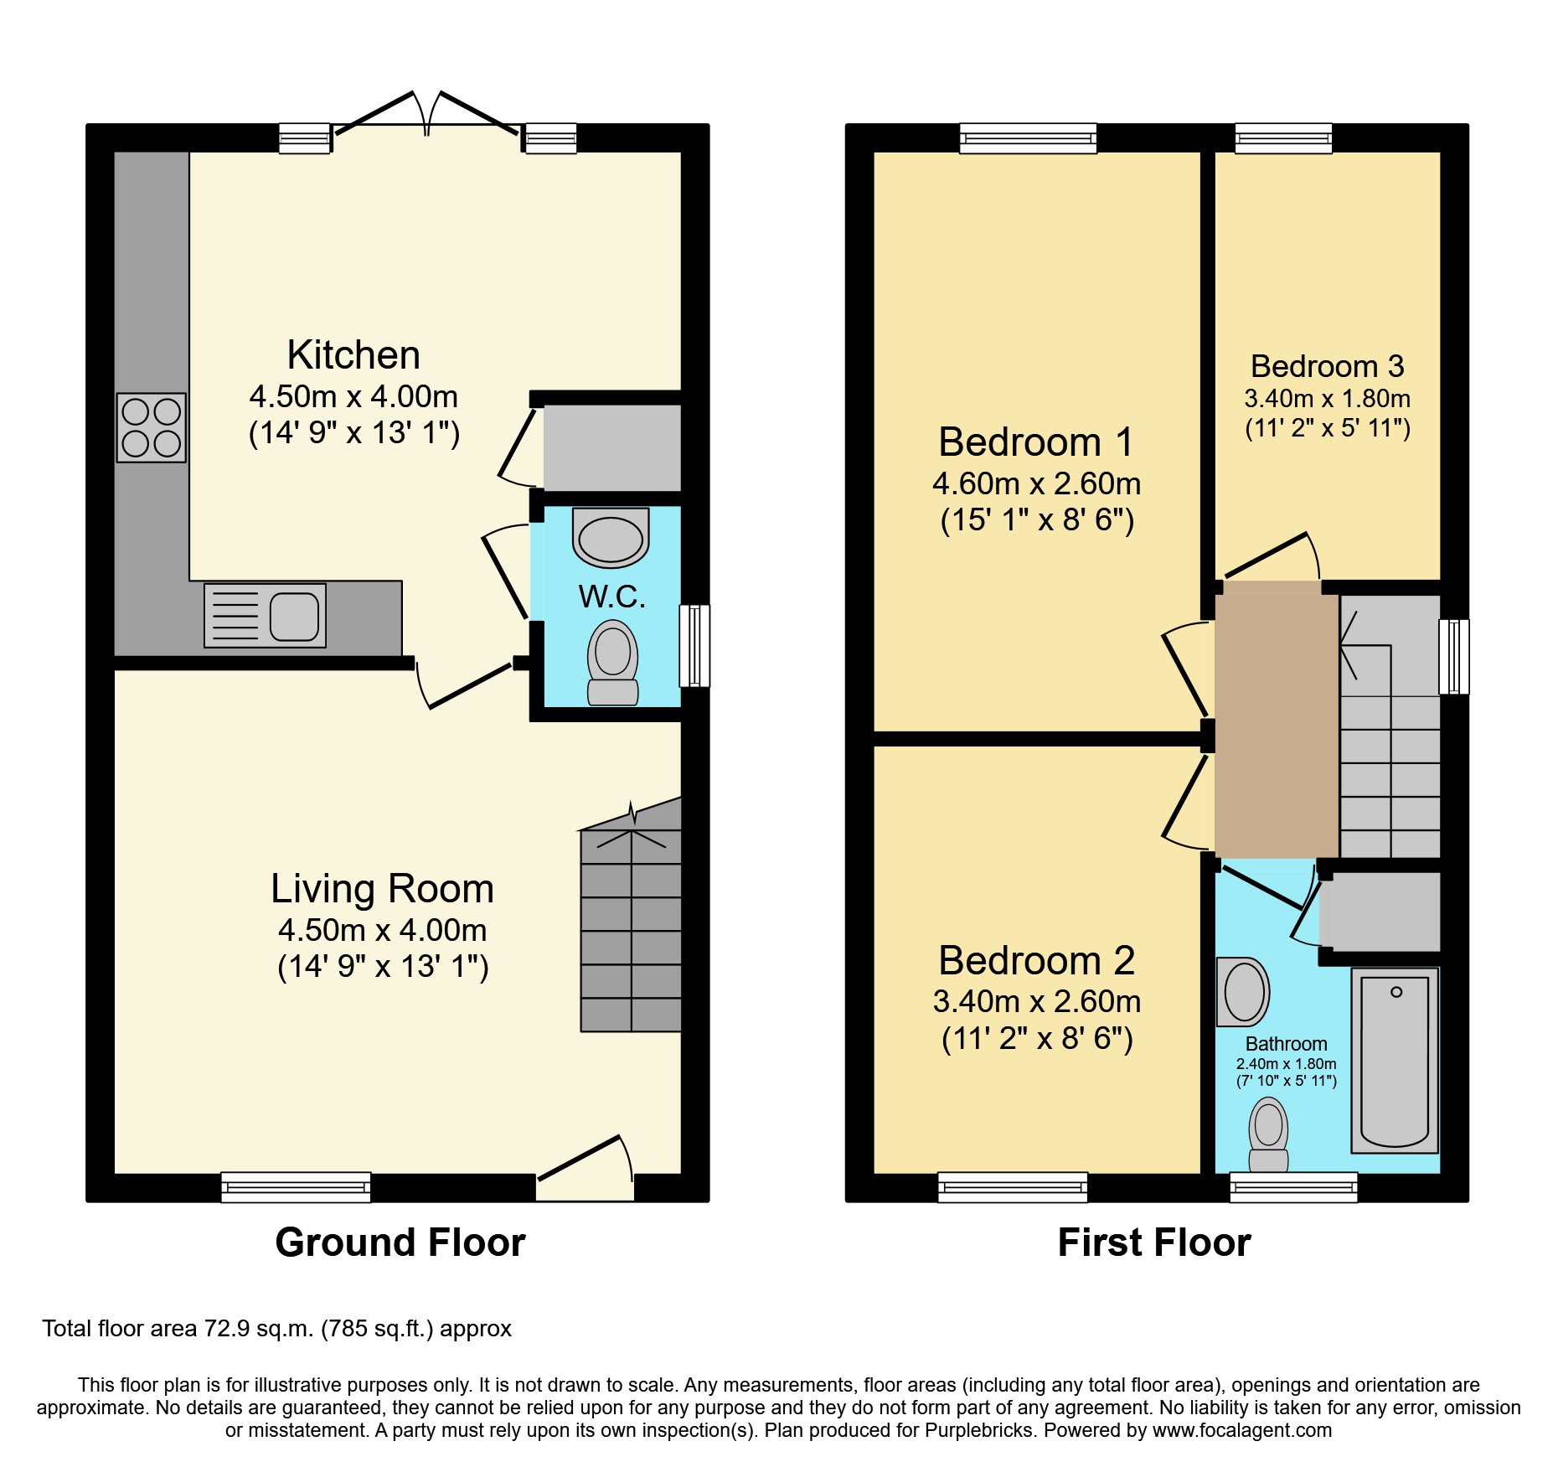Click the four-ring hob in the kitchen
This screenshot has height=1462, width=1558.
pos(151,427)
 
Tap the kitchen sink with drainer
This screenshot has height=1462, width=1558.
pos(265,616)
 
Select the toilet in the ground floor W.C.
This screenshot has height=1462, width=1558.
pos(612,662)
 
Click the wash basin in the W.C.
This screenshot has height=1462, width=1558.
pos(611,538)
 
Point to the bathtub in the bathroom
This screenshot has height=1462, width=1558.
pos(1395,1060)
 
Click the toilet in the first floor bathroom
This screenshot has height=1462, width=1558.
pos(1268,1135)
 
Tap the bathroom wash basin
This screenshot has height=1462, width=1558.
pos(1243,992)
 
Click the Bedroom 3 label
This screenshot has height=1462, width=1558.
pos(1327,366)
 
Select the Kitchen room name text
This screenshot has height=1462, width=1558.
pos(353,355)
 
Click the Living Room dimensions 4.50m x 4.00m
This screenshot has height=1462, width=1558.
pos(383,930)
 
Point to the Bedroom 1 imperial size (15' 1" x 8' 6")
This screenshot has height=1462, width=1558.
pos(1037,520)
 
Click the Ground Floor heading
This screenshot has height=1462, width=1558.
pos(400,1242)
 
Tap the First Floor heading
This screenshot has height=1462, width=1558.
pos(1154,1242)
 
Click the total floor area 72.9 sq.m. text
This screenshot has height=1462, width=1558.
pos(276,1329)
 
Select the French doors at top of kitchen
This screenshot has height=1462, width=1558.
pos(427,117)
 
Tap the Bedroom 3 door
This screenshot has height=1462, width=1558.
pos(1270,558)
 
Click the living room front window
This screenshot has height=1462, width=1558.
pos(296,1186)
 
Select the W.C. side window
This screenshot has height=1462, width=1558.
pos(694,645)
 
